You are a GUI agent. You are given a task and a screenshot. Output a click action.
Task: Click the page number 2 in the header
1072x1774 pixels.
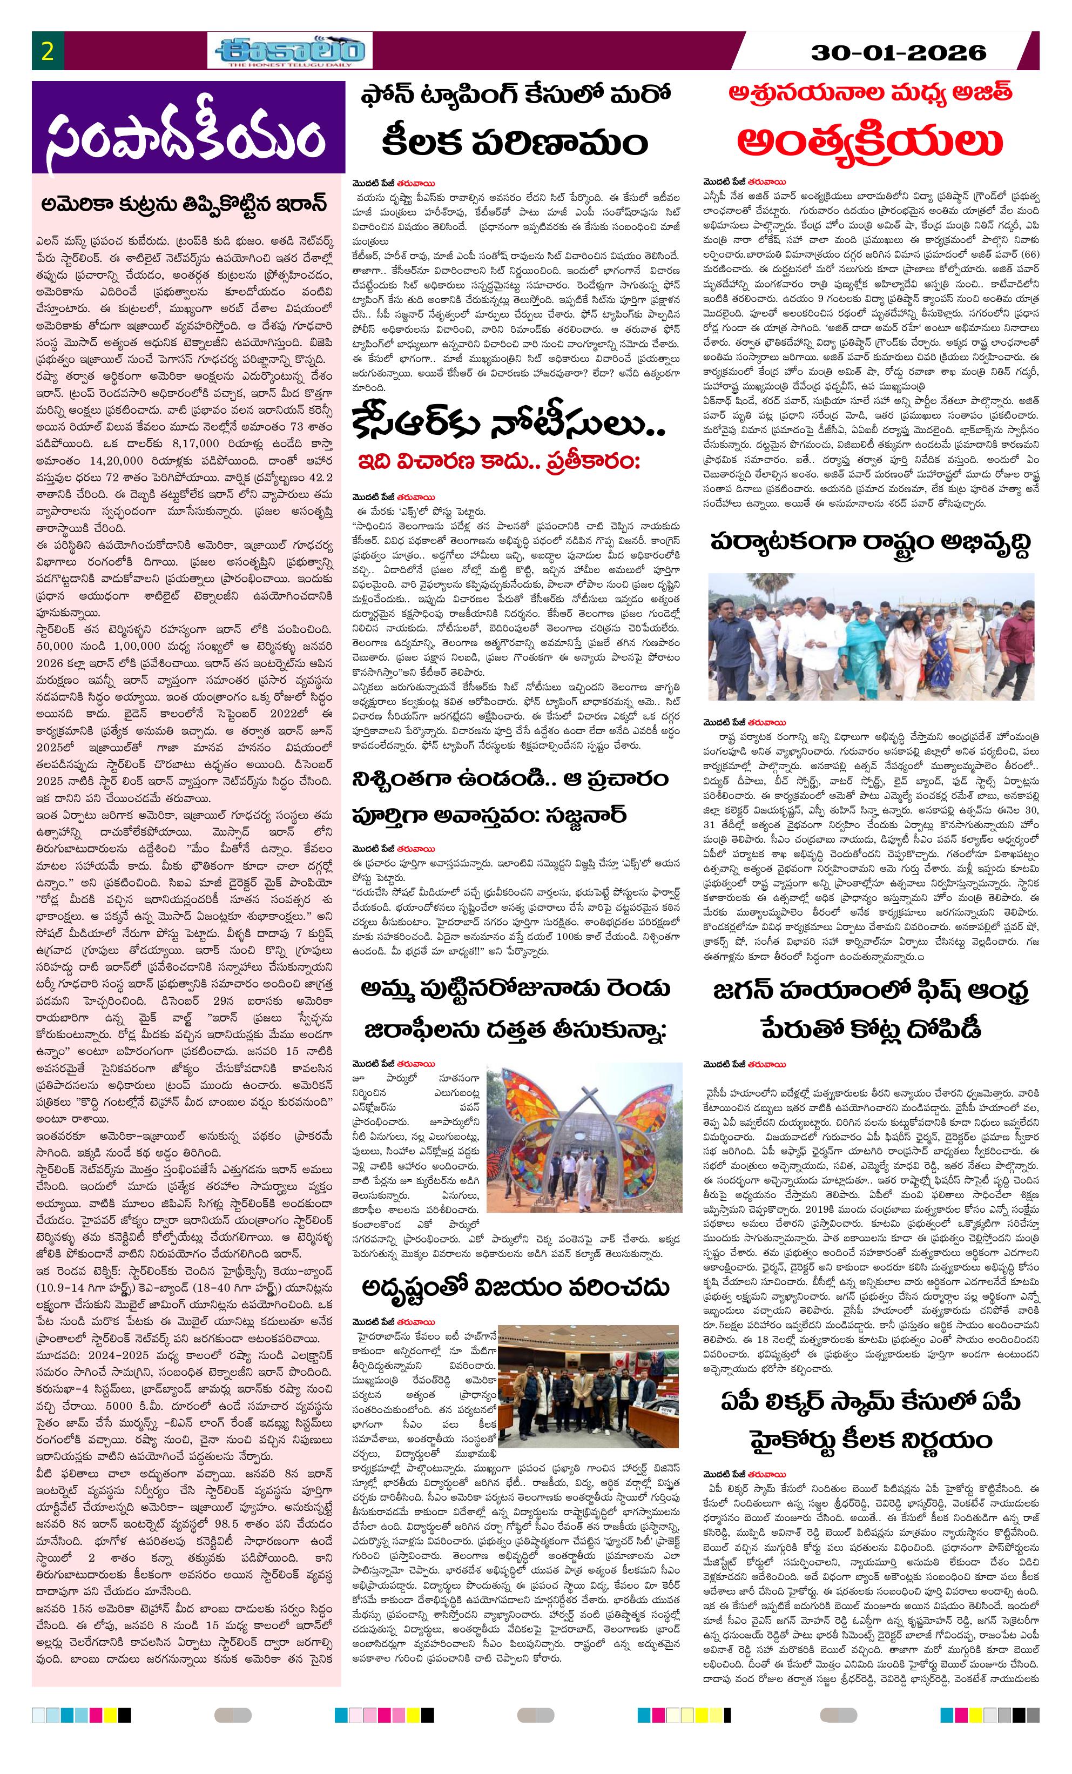tap(48, 52)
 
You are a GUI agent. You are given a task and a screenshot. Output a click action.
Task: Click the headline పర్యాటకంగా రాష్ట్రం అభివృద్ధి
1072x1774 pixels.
tap(869, 543)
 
